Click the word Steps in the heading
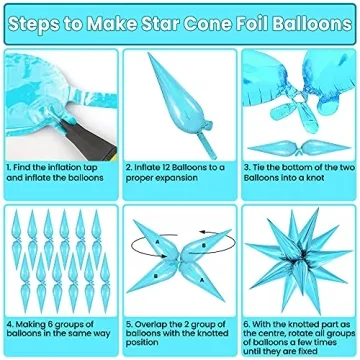click(42, 16)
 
